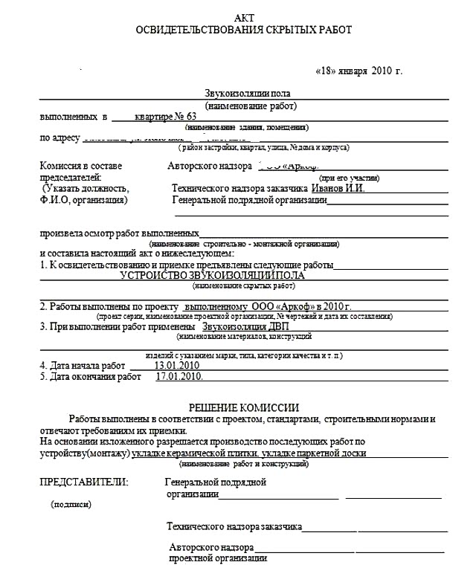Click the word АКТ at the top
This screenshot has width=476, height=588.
[x=243, y=17]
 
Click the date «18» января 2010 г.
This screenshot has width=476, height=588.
[x=359, y=71]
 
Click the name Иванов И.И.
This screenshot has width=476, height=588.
[x=338, y=188]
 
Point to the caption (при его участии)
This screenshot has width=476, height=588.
[x=349, y=178]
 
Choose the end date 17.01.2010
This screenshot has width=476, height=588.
[x=178, y=377]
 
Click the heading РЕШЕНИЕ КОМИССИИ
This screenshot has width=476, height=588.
[x=243, y=407]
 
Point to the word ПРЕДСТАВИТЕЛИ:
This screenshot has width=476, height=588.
[x=83, y=482]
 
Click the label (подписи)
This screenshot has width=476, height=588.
[x=71, y=504]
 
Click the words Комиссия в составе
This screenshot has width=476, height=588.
[x=80, y=166]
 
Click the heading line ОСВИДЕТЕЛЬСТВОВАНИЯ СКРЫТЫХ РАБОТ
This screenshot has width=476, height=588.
[x=243, y=30]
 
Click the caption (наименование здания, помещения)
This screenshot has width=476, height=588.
[x=242, y=127]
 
